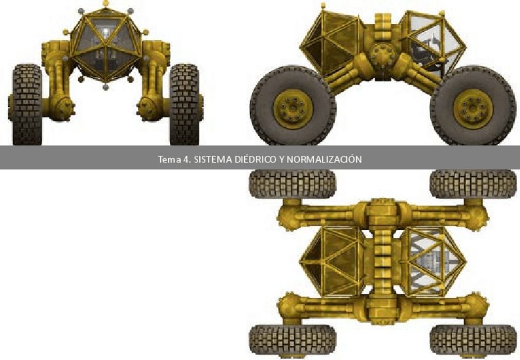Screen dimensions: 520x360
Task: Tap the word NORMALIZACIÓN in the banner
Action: point(324,159)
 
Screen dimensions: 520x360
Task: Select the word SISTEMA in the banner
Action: point(213,159)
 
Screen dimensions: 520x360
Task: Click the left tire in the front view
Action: point(27,104)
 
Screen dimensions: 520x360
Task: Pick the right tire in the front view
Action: point(185,104)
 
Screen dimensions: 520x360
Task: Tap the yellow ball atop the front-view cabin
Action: point(106,3)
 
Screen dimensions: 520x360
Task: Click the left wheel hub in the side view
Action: point(293,109)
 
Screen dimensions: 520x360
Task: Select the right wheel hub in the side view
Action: point(473,109)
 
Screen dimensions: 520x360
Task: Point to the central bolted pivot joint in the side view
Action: point(383,55)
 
